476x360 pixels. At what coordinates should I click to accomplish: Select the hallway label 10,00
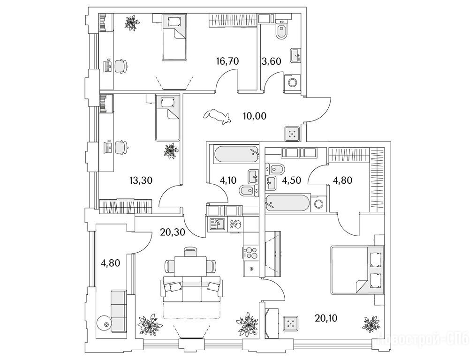coord(255,116)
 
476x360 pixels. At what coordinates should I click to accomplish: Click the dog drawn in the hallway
coord(217,116)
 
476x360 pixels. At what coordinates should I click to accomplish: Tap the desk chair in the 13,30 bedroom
coord(121,147)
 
